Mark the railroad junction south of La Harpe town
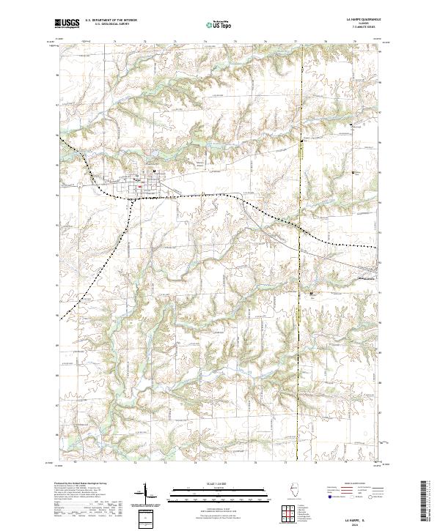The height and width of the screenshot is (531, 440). (131, 197)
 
